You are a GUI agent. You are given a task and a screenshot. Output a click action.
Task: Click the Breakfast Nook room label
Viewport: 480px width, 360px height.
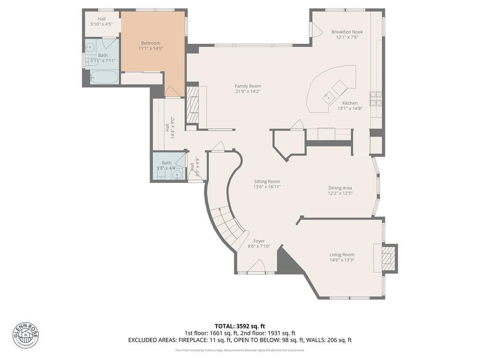click(x=347, y=32)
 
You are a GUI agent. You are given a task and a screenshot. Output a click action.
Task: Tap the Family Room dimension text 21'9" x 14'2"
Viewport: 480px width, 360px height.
click(x=247, y=91)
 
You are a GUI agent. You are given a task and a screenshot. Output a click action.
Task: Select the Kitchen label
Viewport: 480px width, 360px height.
click(x=350, y=103)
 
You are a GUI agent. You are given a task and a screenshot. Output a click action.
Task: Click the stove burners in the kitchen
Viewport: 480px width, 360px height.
click(x=376, y=98)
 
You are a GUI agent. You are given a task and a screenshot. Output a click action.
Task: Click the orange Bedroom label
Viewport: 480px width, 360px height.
click(x=150, y=43)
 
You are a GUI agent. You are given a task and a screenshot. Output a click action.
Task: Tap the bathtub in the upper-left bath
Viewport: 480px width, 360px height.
click(x=103, y=77)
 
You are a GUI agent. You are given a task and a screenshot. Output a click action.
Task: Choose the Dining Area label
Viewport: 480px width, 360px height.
click(x=340, y=188)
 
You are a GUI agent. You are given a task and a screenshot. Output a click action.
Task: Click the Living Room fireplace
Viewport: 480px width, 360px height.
click(x=387, y=257)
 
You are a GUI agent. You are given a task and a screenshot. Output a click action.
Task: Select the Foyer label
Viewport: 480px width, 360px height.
click(x=259, y=241)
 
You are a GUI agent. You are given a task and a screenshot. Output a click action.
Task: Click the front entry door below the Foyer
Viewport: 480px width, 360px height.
click(x=256, y=268)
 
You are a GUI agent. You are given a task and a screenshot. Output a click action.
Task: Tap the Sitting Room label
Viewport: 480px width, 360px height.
click(x=267, y=181)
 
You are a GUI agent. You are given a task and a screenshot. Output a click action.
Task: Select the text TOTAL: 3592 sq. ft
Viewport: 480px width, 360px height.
click(x=240, y=326)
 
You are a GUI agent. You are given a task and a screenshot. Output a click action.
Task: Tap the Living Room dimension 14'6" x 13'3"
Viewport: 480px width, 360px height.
click(x=341, y=260)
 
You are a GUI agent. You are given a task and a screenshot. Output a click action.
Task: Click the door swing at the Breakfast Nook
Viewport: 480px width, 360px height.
click(x=317, y=31)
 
